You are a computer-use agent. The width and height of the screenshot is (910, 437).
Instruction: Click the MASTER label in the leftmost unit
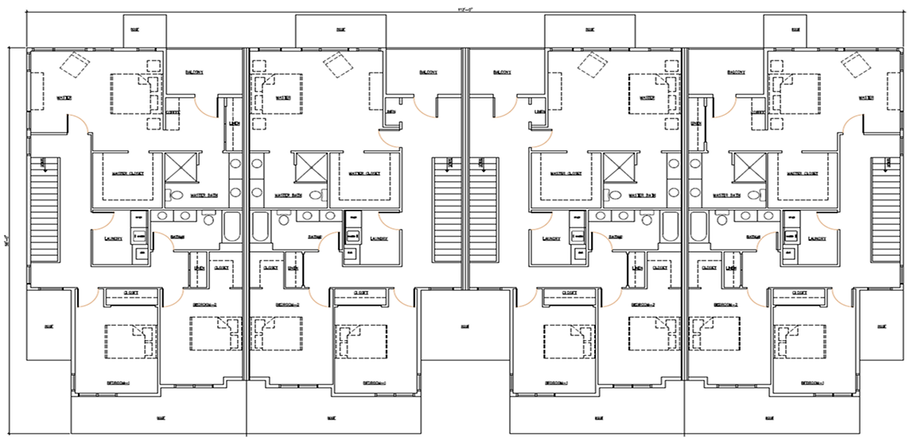64,99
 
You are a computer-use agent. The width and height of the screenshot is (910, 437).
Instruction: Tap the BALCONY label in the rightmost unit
736,72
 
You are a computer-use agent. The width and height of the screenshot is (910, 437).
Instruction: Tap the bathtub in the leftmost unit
232,226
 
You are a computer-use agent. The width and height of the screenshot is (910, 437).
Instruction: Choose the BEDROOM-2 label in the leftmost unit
204,304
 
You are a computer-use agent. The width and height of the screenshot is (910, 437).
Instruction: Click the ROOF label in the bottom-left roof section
160,416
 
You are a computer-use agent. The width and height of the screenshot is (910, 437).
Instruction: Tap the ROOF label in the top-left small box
145,31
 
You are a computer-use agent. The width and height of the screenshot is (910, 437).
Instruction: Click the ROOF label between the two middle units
464,326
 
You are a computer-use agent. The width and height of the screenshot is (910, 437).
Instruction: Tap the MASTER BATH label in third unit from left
640,195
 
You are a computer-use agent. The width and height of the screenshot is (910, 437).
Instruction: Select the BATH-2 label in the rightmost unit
748,237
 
